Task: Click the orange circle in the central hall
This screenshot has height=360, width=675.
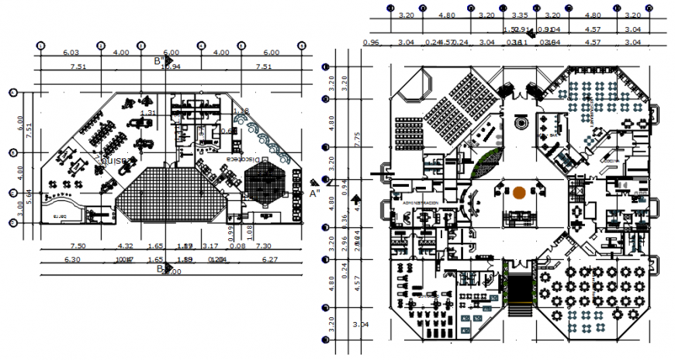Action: pos(518,192)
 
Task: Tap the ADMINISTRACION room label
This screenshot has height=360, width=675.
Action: pos(421,203)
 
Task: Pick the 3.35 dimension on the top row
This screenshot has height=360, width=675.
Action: pos(519,16)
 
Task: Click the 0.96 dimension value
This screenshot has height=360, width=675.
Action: pos(371,43)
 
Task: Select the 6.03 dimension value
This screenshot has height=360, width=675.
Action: pos(71,53)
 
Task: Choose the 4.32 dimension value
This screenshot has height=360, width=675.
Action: pos(125,245)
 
